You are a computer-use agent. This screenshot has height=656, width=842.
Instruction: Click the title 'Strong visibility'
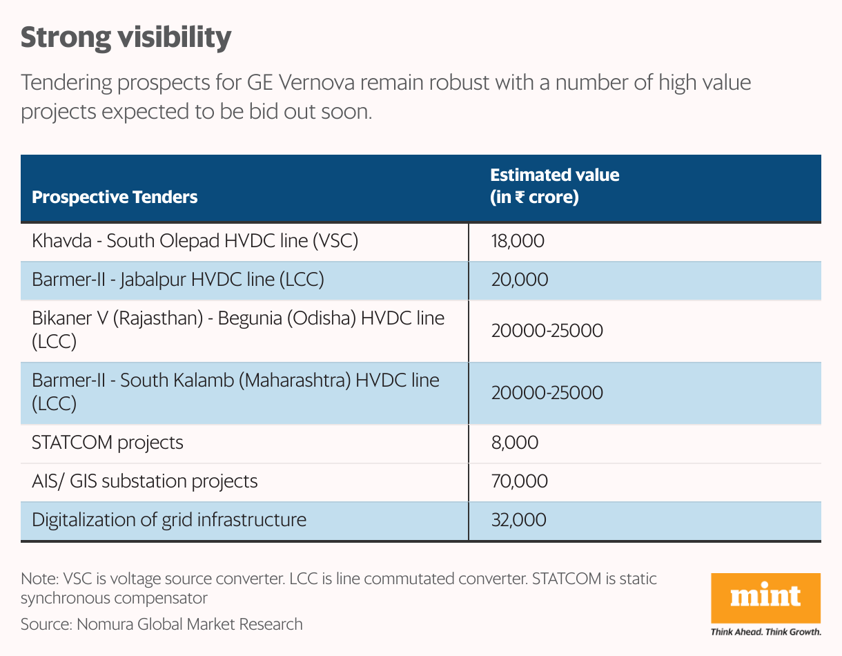(126, 38)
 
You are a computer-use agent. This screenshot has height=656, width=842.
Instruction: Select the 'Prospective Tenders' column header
(115, 197)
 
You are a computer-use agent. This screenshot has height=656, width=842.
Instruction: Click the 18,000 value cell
(518, 242)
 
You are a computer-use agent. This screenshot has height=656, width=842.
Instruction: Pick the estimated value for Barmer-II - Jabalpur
(520, 280)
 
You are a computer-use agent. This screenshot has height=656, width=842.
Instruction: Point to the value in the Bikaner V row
(547, 331)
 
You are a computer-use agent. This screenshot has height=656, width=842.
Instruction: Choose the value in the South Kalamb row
(547, 393)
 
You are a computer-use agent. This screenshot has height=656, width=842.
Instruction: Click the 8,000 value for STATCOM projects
(514, 443)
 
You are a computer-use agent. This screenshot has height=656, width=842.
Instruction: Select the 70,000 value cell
(520, 481)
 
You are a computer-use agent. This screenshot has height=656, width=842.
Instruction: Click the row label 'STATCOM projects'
(108, 443)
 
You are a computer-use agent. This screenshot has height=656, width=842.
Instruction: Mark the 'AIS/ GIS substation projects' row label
(145, 481)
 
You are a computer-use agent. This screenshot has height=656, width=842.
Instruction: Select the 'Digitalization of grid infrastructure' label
(169, 519)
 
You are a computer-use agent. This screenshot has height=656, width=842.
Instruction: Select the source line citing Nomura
(161, 624)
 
